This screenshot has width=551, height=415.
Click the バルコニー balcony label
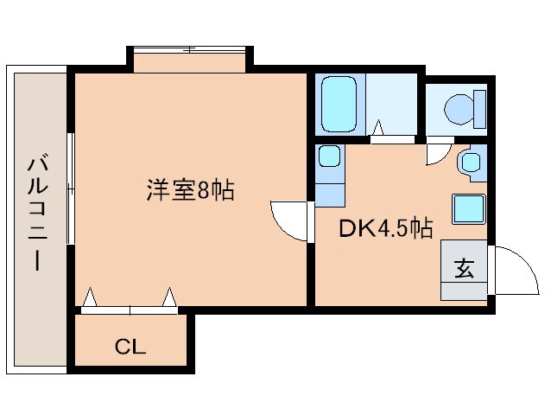click(x=37, y=212)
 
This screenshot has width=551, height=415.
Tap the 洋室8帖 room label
click(x=189, y=190)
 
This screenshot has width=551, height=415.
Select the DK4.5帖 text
click(x=385, y=228)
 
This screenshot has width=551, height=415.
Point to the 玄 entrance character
click(x=464, y=269)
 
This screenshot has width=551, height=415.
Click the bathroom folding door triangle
click(x=378, y=129)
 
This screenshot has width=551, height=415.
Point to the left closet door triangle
click(x=89, y=299)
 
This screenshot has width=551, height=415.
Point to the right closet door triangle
click(x=169, y=299)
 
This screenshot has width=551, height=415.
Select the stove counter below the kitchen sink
click(x=328, y=190)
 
